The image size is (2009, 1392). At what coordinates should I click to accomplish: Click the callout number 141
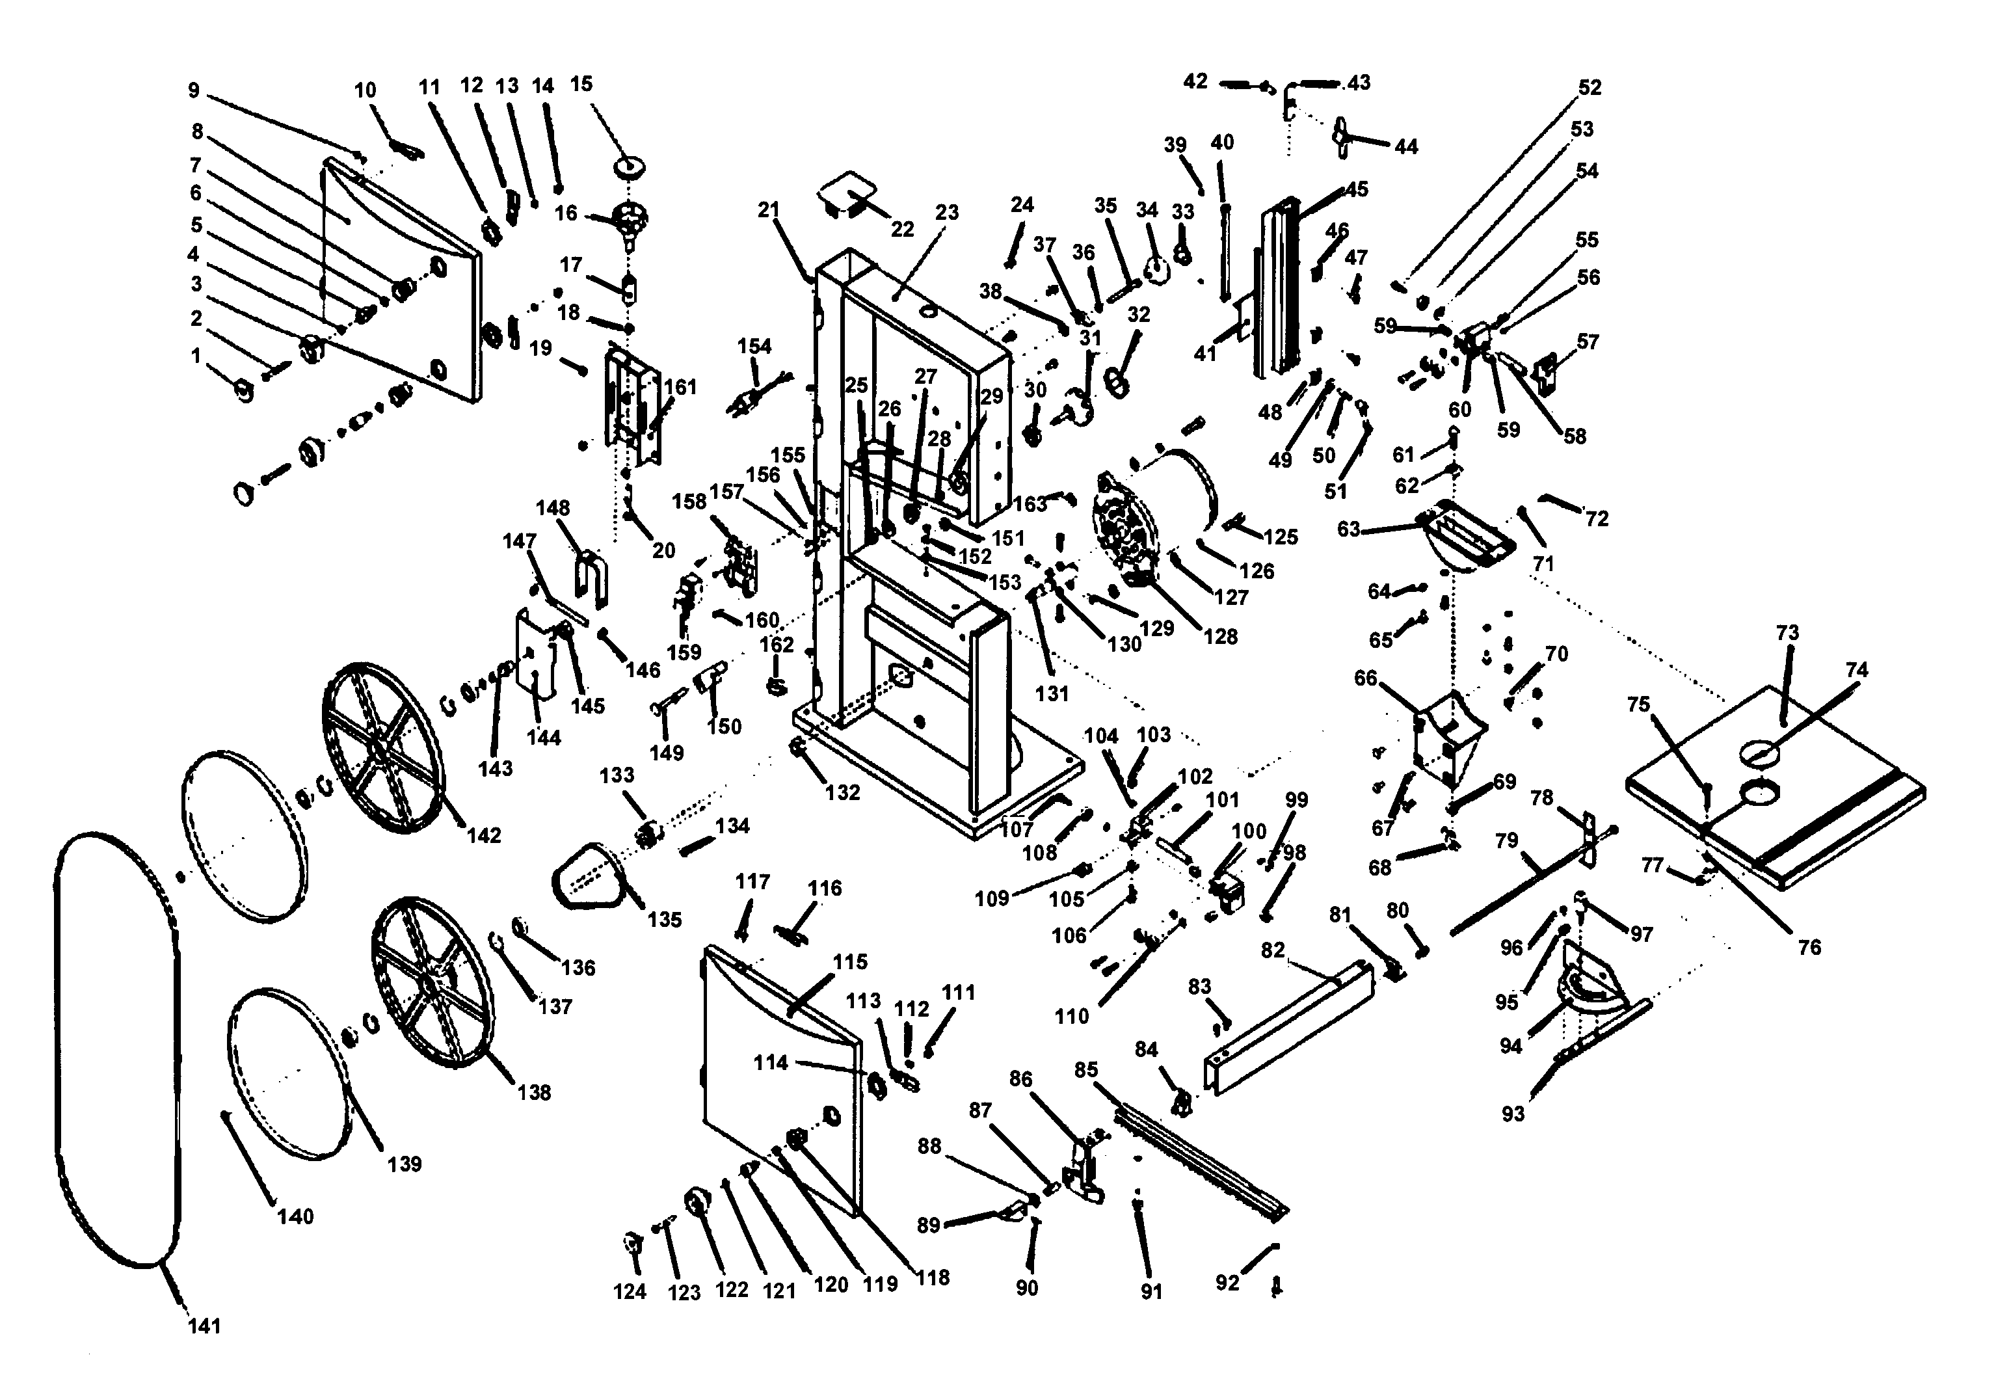pyautogui.click(x=204, y=1326)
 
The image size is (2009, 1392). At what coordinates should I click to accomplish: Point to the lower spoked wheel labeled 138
pyautogui.click(x=431, y=981)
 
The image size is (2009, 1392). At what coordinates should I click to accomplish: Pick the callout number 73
pyautogui.click(x=1787, y=632)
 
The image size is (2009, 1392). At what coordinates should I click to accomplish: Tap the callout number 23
pyautogui.click(x=947, y=213)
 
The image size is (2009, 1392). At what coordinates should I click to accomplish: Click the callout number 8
pyautogui.click(x=197, y=131)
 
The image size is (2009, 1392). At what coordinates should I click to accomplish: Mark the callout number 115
pyautogui.click(x=850, y=962)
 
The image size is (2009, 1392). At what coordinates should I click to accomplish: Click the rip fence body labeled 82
pyautogui.click(x=1290, y=1029)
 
